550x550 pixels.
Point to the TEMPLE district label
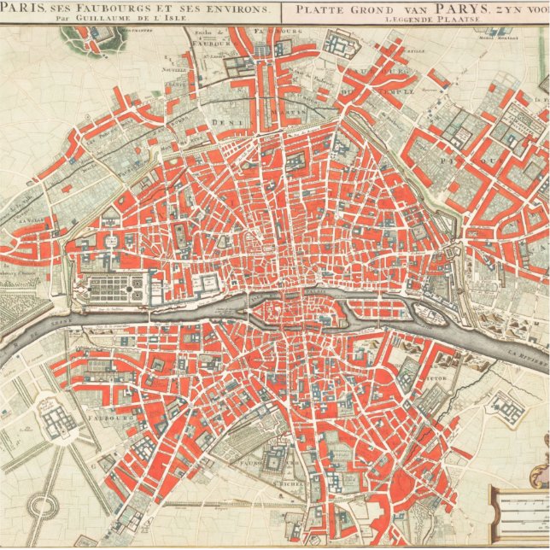[399, 89]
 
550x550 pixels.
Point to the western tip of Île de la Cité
[260, 309]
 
